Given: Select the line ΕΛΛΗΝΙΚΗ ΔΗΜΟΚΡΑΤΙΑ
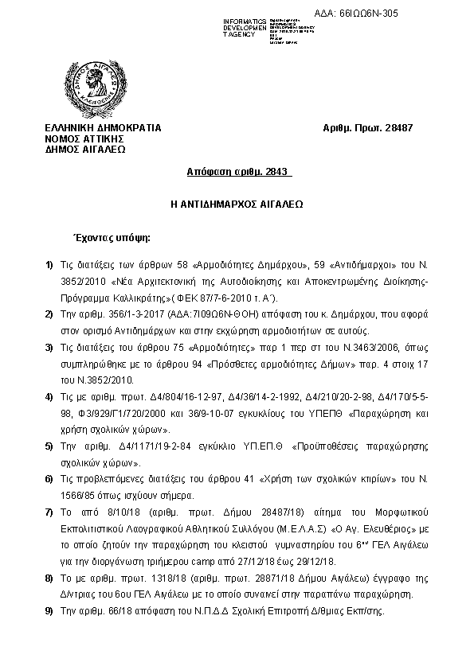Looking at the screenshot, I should coord(104,127).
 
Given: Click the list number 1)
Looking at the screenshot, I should coord(49,263).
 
